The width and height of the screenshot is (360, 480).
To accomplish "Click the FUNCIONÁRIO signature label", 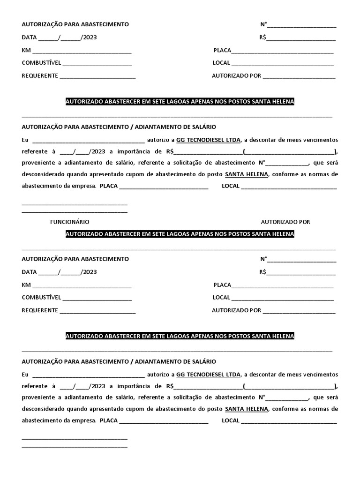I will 69,222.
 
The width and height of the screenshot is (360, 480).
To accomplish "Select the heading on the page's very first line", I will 75,24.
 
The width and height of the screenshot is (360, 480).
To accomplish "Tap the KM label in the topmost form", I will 26,50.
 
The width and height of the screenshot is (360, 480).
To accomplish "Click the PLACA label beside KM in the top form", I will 222,50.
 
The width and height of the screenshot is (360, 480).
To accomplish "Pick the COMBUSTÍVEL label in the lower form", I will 41,297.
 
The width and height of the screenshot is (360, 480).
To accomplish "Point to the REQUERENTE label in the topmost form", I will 40,75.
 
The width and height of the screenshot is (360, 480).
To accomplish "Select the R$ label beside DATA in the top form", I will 262,37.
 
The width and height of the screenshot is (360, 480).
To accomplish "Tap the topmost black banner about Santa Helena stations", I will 180,102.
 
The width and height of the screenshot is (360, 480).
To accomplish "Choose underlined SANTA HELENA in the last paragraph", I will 247,409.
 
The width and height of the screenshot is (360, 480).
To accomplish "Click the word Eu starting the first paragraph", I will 25,140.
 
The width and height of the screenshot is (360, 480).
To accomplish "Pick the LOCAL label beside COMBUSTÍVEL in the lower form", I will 221,297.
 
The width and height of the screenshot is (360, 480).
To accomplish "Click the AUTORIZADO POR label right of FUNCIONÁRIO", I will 285,222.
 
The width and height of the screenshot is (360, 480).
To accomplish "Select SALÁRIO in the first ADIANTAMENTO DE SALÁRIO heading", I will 204,127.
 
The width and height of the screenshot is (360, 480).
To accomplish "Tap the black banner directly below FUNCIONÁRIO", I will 180,234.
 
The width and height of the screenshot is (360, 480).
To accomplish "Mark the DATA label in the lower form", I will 29,272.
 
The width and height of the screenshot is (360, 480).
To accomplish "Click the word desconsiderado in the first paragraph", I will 44,174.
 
